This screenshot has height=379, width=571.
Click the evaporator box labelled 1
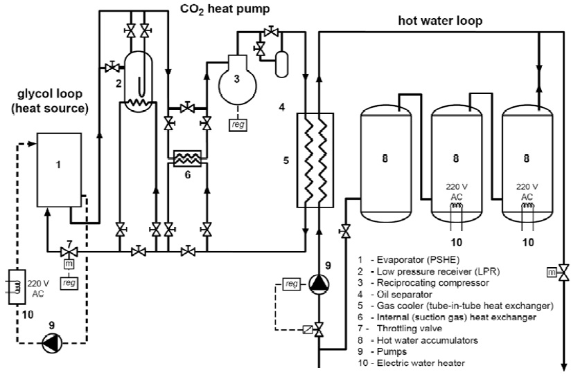(x=59, y=169)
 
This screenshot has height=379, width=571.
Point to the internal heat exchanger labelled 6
(x=186, y=158)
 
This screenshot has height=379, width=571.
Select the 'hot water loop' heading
(x=440, y=20)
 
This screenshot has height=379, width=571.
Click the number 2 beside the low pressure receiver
(x=118, y=83)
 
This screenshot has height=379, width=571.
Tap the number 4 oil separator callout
(x=282, y=107)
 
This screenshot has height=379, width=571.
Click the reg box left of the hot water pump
(x=292, y=283)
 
